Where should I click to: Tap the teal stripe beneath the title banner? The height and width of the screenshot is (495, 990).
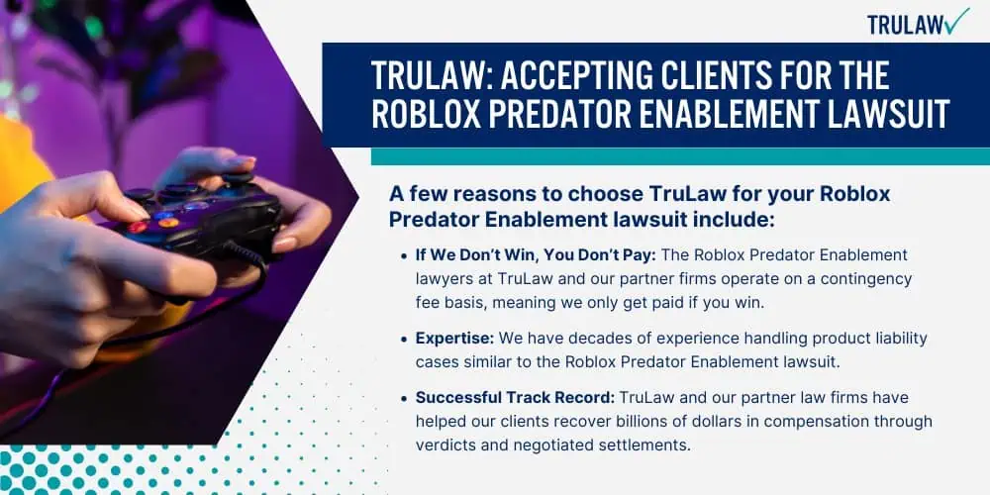tap(679, 156)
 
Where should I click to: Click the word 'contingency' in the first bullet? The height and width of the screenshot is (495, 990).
tap(867, 279)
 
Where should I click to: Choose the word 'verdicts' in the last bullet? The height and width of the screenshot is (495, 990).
tap(447, 445)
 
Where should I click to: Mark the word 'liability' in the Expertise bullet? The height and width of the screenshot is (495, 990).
tap(895, 339)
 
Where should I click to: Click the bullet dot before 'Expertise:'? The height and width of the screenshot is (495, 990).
tap(404, 339)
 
